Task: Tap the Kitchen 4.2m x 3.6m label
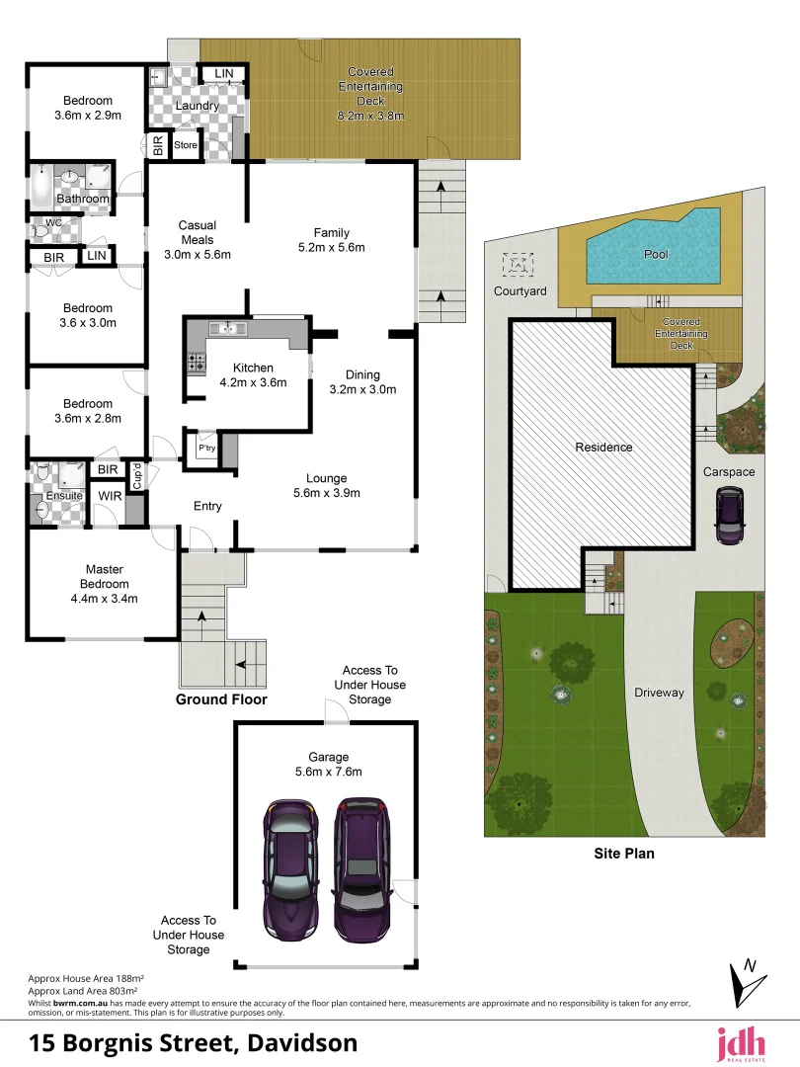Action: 253,374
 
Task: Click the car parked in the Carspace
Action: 730,517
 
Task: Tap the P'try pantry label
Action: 206,449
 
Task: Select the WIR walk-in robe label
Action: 110,495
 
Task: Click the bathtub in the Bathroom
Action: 42,185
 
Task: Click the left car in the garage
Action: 290,869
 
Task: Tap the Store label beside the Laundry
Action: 186,145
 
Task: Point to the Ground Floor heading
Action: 221,699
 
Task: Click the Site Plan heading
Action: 624,854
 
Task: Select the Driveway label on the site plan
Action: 659,693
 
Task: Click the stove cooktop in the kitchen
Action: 195,363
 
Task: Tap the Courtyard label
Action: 520,291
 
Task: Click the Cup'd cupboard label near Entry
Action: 137,475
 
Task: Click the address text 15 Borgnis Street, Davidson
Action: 194,1042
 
